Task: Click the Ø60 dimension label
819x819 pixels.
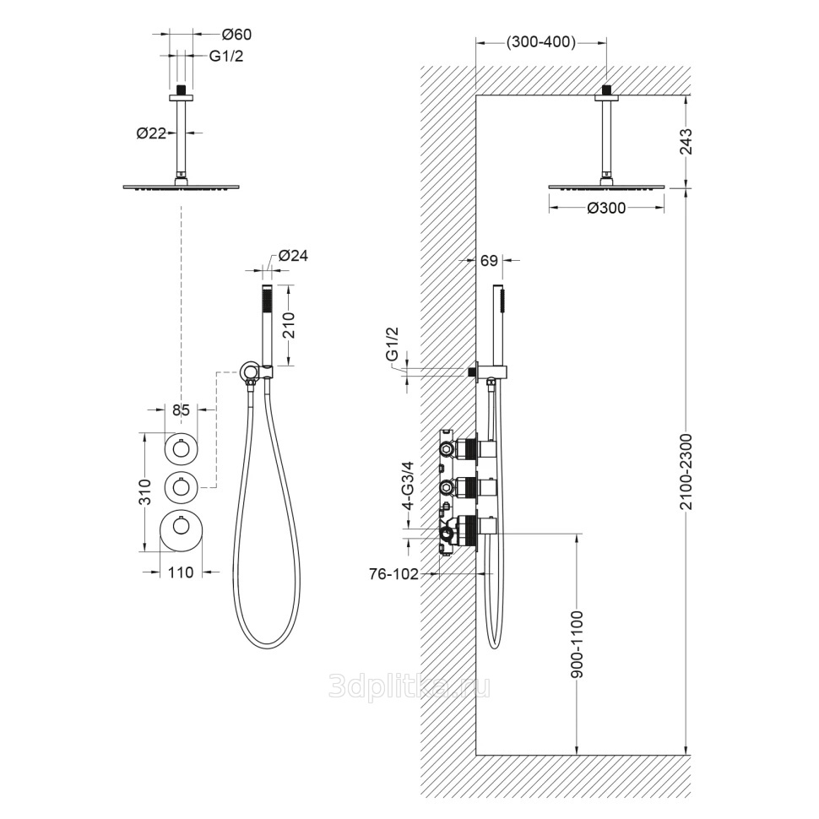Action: (237, 35)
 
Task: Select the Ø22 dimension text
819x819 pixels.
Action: (149, 132)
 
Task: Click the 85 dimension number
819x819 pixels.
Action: (180, 411)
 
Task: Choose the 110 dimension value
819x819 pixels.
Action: (180, 572)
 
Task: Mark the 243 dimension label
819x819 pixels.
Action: (685, 142)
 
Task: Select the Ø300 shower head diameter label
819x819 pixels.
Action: (605, 208)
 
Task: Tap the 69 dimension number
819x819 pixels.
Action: (489, 261)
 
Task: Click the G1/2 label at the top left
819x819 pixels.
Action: (227, 56)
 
